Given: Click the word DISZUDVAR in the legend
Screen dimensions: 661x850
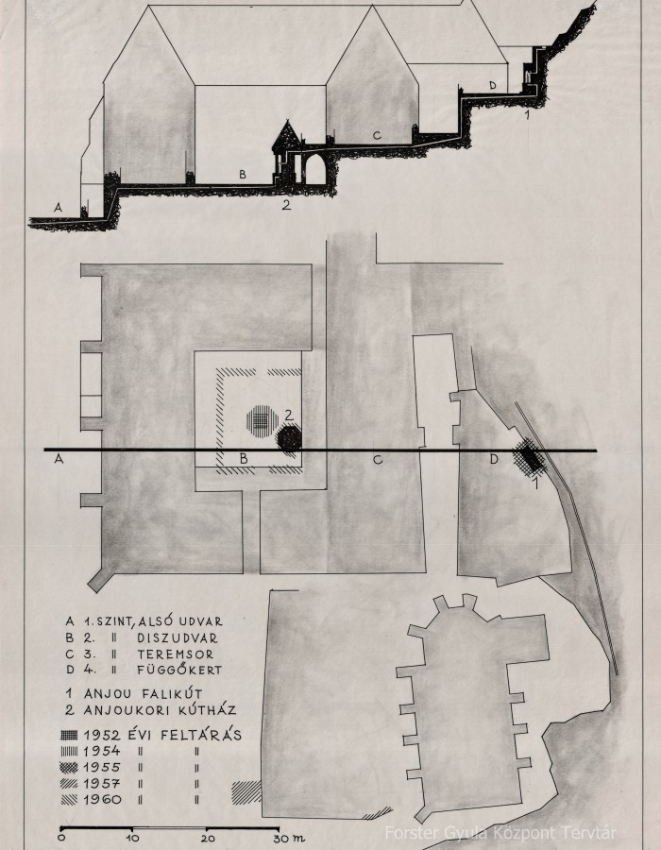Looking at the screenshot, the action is click(178, 638).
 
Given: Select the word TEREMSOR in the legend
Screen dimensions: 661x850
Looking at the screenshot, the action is click(176, 654).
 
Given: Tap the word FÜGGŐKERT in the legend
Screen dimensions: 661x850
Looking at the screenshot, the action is click(179, 669).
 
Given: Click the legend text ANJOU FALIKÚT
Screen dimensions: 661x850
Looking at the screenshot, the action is click(143, 693).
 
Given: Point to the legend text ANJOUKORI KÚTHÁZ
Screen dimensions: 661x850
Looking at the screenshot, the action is click(160, 709).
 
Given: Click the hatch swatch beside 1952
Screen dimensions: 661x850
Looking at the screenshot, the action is click(69, 735).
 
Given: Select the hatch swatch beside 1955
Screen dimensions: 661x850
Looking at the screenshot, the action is click(69, 767).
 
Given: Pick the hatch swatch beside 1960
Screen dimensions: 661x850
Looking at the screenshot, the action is click(69, 799).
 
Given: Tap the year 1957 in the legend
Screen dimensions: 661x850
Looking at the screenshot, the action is click(102, 783).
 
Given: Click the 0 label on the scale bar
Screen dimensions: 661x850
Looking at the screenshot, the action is click(61, 838).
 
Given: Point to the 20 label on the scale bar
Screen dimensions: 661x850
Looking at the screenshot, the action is click(207, 838).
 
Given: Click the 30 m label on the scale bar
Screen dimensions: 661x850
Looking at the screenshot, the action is click(288, 838).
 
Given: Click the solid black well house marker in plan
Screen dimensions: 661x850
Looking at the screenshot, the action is click(289, 438).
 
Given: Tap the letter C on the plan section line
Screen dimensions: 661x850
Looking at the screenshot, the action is click(378, 460).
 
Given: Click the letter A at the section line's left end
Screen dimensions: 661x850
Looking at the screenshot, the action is click(59, 459).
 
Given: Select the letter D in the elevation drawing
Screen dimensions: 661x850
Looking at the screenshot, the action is click(493, 85).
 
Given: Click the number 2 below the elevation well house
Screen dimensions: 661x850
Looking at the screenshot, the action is click(286, 205).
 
